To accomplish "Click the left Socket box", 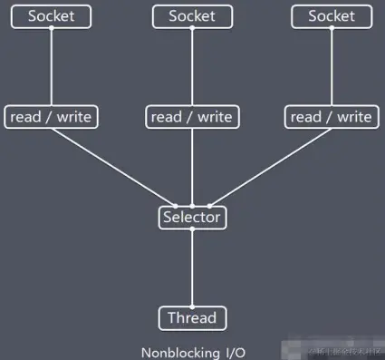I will [x=52, y=15].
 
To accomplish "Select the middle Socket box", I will [x=192, y=15].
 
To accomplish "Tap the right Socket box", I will [x=332, y=15].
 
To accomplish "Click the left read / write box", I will [x=52, y=117].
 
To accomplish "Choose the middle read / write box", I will [x=192, y=117].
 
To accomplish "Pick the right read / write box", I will [x=332, y=117].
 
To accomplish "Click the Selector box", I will [x=192, y=218].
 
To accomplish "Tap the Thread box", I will [x=192, y=318].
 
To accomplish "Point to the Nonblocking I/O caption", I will [x=192, y=353].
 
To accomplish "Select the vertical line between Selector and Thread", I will [x=192, y=268].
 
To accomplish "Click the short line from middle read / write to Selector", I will [x=192, y=168].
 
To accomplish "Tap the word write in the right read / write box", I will [x=352, y=117].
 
